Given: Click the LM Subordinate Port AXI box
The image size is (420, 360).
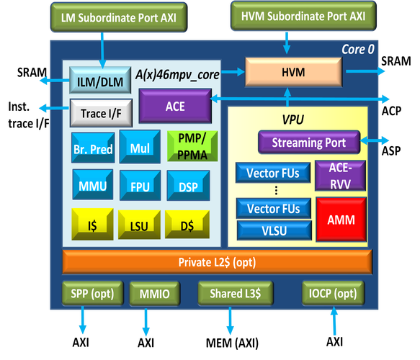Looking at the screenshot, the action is click(119, 17).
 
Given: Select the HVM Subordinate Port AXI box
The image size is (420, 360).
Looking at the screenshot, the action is click(303, 16).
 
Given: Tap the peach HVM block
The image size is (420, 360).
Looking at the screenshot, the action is click(294, 72).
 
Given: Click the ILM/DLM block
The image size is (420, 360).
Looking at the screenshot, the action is click(100, 81).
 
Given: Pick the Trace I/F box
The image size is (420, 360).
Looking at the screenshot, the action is click(101, 113).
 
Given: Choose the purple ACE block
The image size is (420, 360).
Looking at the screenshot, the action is click(175, 106).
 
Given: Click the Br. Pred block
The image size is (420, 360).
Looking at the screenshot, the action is click(93, 148).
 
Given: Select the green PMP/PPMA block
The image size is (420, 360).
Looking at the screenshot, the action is click(192, 146).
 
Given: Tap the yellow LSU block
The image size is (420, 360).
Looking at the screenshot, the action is click(139, 225).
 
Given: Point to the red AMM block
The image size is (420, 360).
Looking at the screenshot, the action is click(341, 220).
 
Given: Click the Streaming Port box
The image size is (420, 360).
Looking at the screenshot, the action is click(309, 142).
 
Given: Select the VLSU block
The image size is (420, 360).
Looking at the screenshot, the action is click(274, 230).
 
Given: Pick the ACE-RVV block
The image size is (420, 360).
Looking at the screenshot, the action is click(340, 176).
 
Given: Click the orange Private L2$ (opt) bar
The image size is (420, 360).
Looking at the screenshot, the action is click(218, 262).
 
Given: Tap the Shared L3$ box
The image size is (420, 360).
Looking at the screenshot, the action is click(236, 293).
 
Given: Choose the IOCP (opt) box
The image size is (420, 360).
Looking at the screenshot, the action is click(334, 293).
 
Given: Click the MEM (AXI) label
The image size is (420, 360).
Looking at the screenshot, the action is click(232, 343).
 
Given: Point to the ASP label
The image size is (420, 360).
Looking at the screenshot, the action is click(391, 151).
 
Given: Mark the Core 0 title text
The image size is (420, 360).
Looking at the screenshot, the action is click(358, 49).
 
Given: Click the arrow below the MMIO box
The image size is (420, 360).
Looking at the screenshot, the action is click(146, 322).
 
